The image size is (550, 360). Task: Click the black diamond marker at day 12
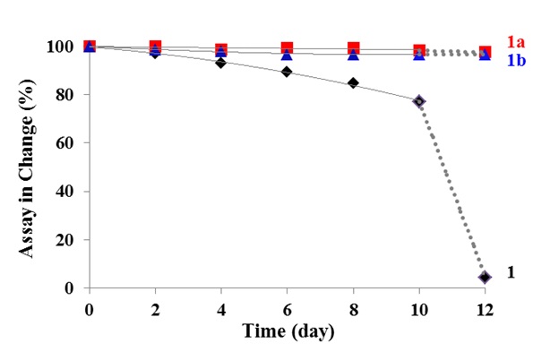[x=485, y=278]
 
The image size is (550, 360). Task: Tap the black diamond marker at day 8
[x=353, y=83]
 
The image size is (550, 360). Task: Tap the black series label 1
[x=511, y=272]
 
